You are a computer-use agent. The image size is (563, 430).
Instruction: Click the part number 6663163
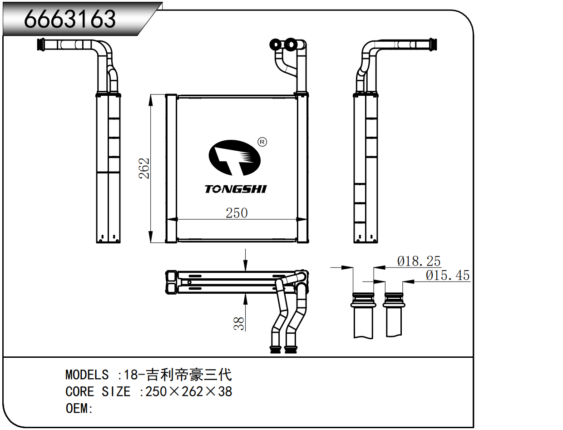[x=70, y=19]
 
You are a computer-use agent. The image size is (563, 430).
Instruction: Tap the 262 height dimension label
[x=144, y=168]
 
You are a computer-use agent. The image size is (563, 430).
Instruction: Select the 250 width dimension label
[x=237, y=213]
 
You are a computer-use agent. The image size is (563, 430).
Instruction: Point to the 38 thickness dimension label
[x=239, y=324]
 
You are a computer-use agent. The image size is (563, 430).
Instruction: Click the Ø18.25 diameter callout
[x=419, y=261]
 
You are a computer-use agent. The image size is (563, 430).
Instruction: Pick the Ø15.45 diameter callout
[x=448, y=275]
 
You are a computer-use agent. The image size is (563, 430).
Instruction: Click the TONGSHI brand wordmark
[x=236, y=189]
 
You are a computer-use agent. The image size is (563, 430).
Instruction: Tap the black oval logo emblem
[x=234, y=158]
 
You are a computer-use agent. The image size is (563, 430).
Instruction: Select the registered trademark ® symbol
[x=262, y=142]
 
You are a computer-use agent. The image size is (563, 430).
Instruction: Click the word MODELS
[x=87, y=375]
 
